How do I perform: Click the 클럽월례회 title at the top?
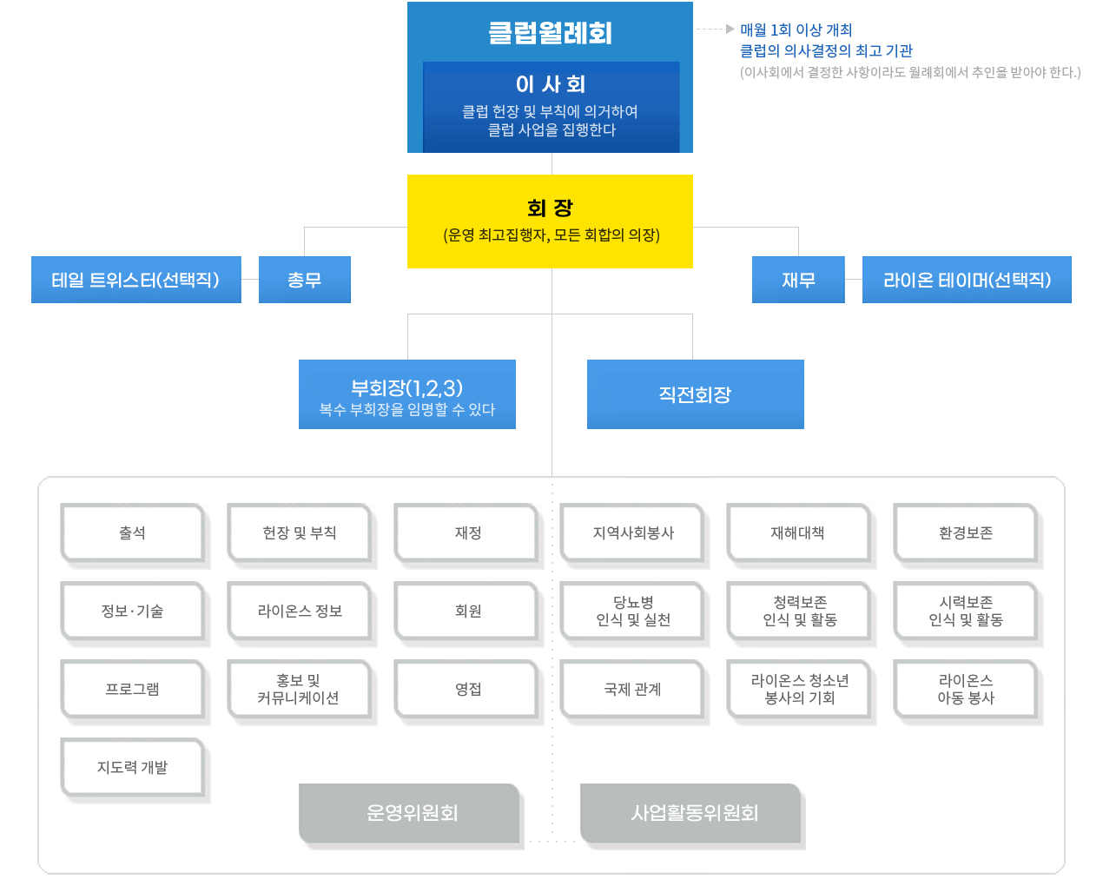[x=550, y=33]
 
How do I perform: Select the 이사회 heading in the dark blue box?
[x=551, y=84]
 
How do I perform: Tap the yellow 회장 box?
[x=550, y=221]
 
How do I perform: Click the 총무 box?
[x=305, y=280]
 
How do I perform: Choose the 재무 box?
[x=798, y=280]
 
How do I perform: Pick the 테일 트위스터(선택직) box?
[x=135, y=280]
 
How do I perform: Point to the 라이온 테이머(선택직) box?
[x=967, y=280]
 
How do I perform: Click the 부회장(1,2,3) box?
[x=407, y=394]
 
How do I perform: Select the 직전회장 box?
[x=696, y=394]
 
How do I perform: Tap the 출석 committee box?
[x=133, y=533]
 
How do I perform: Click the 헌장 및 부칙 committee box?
[x=300, y=533]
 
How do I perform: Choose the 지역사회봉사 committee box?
[x=632, y=533]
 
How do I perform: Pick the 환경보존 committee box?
[x=966, y=533]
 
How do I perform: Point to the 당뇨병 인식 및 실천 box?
[x=632, y=612]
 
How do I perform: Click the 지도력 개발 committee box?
[x=133, y=768]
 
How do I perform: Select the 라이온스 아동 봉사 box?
[x=966, y=690]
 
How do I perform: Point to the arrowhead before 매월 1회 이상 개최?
[x=730, y=29]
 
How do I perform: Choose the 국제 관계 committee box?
[x=632, y=690]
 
